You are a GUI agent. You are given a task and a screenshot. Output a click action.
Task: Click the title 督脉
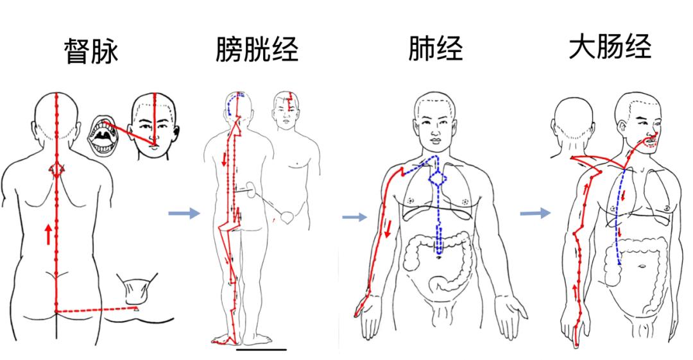pyautogui.click(x=92, y=52)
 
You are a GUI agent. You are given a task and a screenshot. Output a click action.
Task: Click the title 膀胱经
pyautogui.click(x=257, y=49)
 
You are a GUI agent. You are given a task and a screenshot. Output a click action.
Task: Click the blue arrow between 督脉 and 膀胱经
pyautogui.click(x=184, y=213)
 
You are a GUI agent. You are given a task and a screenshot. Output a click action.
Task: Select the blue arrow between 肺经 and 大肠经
pyautogui.click(x=535, y=213)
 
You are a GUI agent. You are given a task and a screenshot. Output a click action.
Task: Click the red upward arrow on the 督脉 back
pyautogui.click(x=48, y=234)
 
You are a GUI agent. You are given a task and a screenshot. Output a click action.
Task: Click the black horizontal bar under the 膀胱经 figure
pyautogui.click(x=261, y=350)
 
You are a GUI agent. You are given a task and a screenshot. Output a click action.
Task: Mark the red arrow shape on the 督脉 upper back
pyautogui.click(x=56, y=171)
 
